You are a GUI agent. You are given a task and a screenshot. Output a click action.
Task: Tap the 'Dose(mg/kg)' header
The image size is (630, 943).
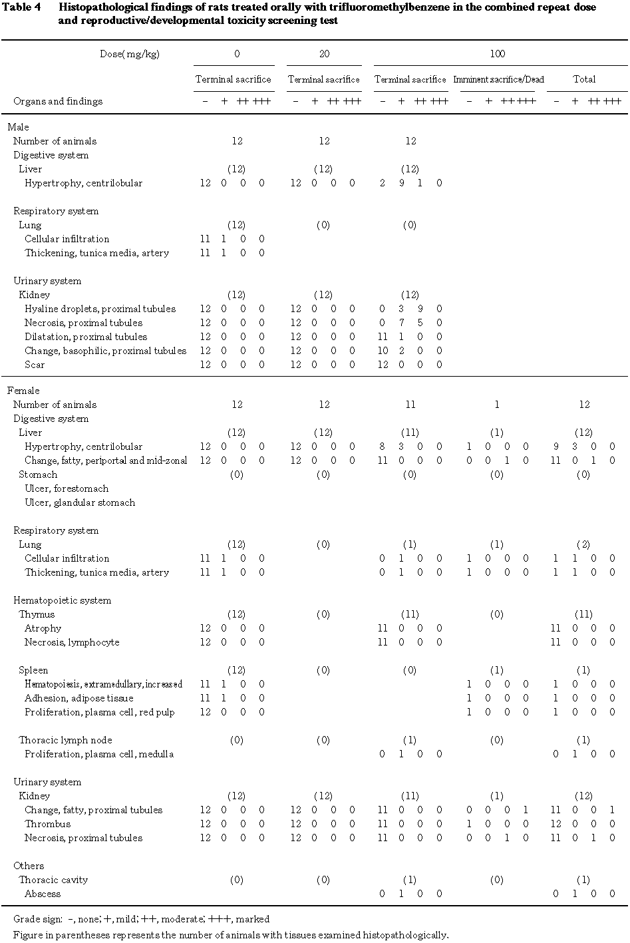click(130, 54)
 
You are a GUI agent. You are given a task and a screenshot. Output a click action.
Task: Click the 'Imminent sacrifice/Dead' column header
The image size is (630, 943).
click(498, 79)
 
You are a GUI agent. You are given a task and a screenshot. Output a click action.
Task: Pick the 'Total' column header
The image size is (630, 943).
click(584, 79)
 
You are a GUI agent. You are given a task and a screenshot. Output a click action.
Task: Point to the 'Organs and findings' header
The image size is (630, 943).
click(58, 101)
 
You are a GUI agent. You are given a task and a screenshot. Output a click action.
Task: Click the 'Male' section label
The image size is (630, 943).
click(18, 126)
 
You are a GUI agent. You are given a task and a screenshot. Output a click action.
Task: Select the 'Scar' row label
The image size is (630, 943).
click(35, 365)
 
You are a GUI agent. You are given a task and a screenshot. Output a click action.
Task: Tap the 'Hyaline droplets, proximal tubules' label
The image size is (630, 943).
click(100, 309)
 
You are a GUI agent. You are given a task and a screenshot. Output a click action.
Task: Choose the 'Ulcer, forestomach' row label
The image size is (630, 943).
click(67, 488)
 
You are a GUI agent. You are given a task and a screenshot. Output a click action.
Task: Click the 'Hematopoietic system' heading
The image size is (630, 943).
click(62, 600)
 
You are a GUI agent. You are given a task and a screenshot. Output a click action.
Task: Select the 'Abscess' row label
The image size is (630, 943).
click(43, 894)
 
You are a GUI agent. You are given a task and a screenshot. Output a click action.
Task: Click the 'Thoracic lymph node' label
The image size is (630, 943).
click(65, 740)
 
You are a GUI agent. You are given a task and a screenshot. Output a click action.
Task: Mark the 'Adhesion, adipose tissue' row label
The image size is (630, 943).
click(79, 698)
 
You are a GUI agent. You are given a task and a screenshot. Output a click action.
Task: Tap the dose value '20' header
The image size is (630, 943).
click(324, 54)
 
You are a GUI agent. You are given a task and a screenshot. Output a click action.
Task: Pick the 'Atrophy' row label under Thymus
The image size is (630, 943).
click(43, 628)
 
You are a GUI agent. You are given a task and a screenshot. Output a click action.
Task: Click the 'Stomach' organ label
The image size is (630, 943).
click(38, 474)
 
